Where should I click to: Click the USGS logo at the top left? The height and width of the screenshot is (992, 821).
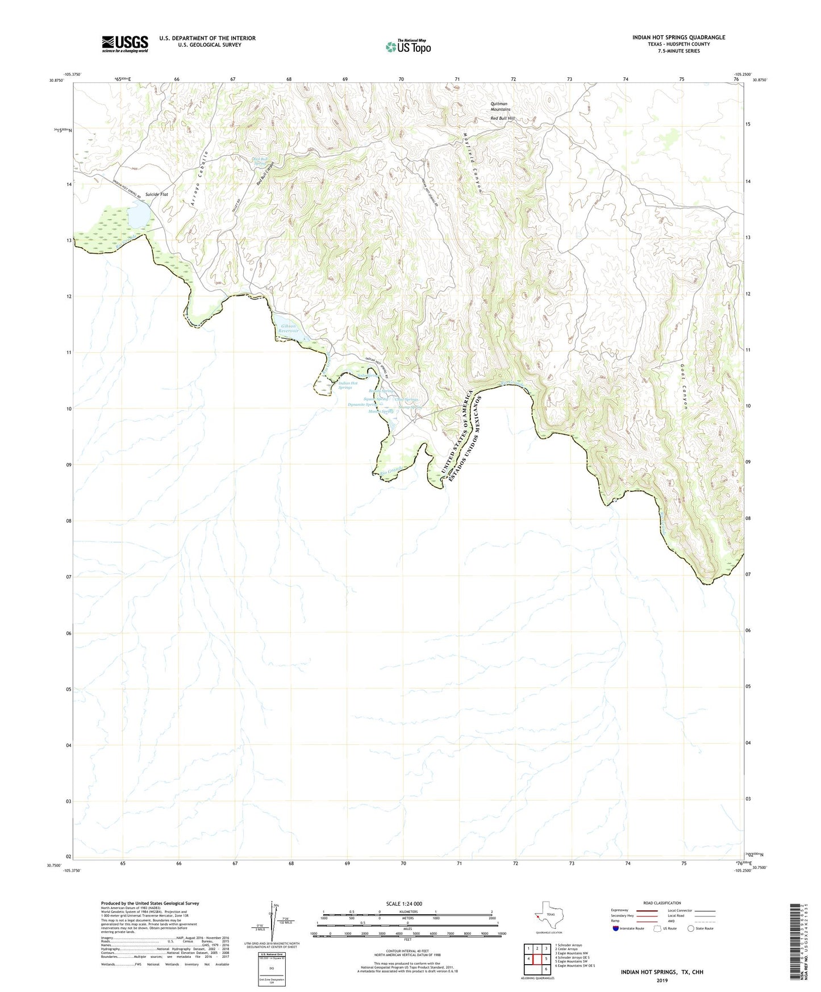[x=125, y=44]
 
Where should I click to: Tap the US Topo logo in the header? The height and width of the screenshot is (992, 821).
[x=407, y=47]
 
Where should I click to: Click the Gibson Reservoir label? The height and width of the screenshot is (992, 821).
[x=289, y=328]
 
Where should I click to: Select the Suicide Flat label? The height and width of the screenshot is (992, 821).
[x=156, y=194]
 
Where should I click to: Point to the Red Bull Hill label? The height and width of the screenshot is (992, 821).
[x=502, y=118]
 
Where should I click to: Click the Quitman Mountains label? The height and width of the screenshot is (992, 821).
[x=501, y=106]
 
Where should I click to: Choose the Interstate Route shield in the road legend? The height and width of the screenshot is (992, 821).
[x=616, y=928]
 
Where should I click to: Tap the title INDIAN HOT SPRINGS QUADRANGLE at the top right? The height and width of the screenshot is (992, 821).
[x=678, y=37]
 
